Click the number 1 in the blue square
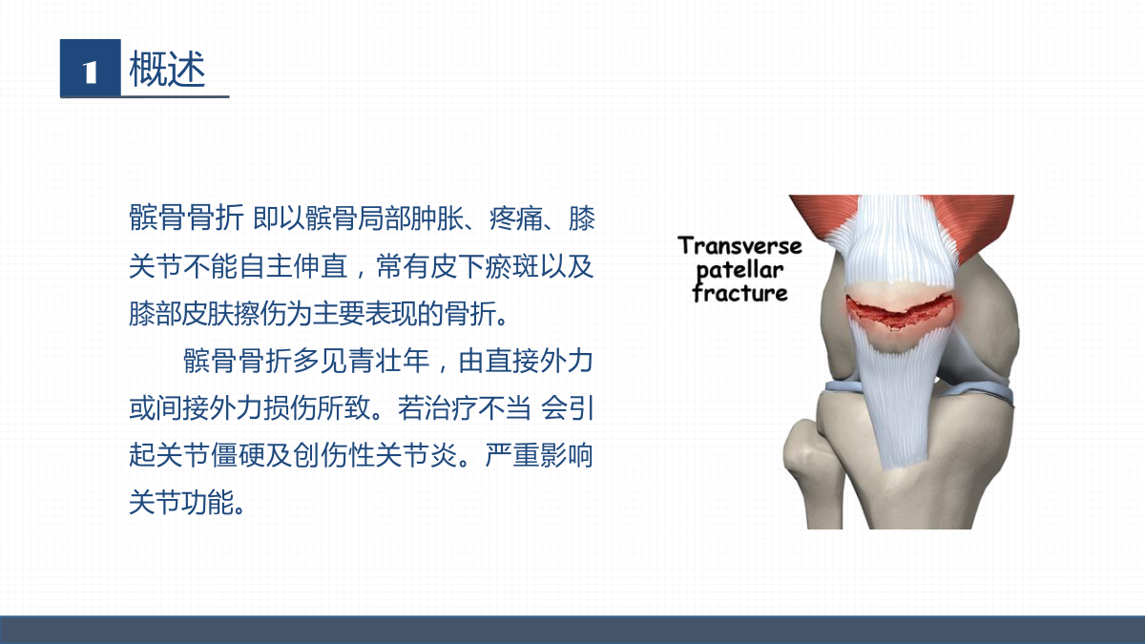pos(91,73)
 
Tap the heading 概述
pos(167,69)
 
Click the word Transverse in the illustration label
pos(740,245)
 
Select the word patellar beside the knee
pos(740,271)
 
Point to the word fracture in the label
pos(740,293)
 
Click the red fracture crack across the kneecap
pos(899,311)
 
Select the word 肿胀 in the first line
pos(437,218)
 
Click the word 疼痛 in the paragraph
pos(516,218)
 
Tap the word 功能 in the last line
pos(208,502)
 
